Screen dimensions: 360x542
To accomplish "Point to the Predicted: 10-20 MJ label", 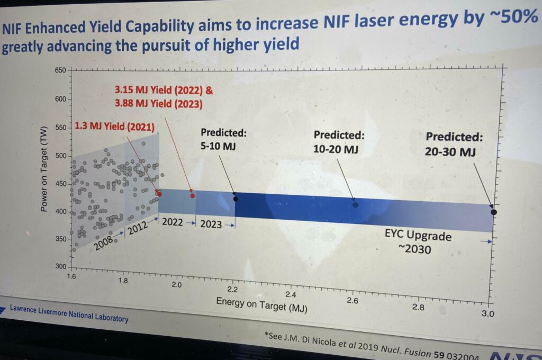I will [339, 142].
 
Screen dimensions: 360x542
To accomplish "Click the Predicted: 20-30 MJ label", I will [454, 144].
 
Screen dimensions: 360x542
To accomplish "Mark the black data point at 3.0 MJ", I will [494, 212].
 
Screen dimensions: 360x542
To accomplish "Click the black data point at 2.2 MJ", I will [236, 199].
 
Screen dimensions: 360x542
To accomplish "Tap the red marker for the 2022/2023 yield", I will [192, 195].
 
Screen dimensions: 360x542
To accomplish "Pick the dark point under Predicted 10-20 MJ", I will [355, 204].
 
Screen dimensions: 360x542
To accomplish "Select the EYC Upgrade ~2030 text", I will [418, 242].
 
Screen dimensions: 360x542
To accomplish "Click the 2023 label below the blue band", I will [211, 224].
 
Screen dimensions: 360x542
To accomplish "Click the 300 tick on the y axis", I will [62, 266].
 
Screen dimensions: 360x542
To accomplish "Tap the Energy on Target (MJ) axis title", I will [261, 303].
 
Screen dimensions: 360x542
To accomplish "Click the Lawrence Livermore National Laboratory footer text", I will [69, 314].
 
